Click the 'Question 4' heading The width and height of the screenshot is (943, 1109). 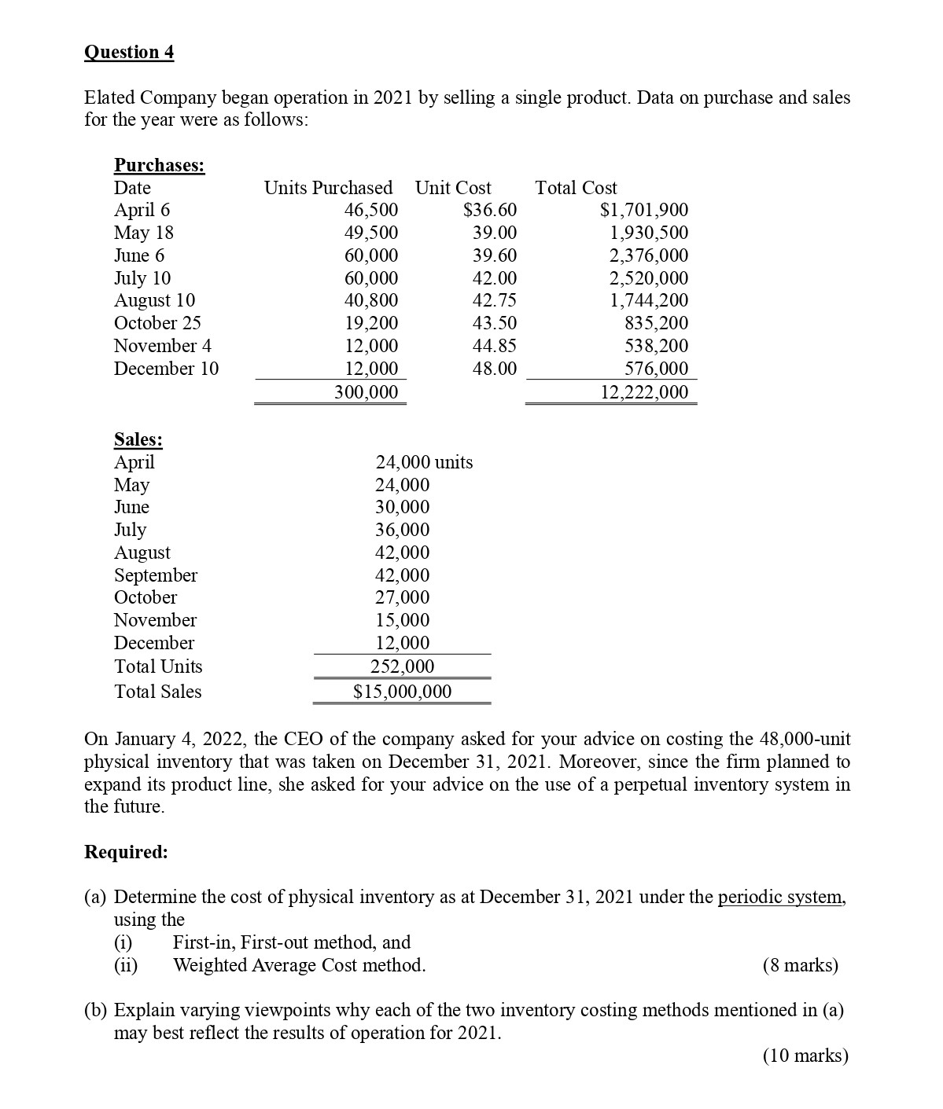click(129, 53)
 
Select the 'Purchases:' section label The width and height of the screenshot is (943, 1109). click(160, 165)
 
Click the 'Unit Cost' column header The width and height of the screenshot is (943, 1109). click(453, 188)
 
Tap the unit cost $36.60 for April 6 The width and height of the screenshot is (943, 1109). click(490, 210)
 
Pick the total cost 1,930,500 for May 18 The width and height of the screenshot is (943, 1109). click(649, 233)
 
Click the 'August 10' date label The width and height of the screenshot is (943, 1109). click(154, 300)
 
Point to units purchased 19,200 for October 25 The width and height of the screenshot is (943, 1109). click(371, 323)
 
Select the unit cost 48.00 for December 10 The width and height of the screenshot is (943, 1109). click(495, 369)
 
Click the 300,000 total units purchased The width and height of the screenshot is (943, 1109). click(367, 392)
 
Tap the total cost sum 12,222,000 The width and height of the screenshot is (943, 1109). click(644, 392)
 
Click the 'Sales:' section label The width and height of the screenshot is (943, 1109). click(138, 439)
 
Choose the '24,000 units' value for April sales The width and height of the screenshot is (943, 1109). click(424, 462)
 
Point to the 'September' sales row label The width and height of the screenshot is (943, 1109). click(156, 575)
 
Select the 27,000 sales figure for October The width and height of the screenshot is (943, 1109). click(402, 597)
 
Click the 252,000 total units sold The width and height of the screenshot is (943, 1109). click(402, 667)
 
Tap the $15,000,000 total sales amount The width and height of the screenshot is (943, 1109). click(403, 692)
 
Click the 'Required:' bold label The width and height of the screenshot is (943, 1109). click(126, 852)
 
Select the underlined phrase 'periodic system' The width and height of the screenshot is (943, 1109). click(781, 898)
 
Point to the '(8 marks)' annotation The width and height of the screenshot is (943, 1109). click(801, 965)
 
